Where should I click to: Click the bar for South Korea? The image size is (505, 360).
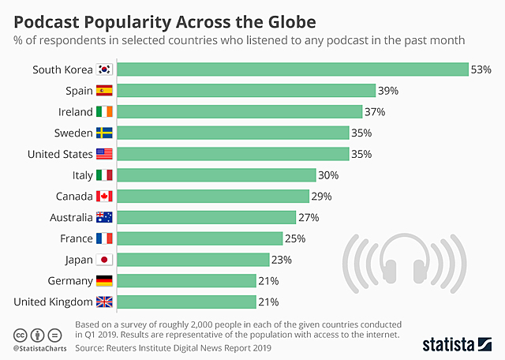point(293,69)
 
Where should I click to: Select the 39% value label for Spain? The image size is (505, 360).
point(388,91)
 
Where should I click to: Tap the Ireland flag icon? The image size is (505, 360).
point(105,112)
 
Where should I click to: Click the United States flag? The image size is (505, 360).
point(105,154)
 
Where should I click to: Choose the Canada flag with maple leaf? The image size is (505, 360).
point(105,196)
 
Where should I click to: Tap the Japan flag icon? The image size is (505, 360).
point(105,259)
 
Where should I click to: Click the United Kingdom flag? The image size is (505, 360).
point(105,302)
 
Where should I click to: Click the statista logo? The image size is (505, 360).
point(458,343)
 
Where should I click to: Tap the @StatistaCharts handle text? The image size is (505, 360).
point(39,348)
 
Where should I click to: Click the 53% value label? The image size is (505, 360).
point(481,69)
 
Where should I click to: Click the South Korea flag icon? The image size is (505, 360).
point(105,69)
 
